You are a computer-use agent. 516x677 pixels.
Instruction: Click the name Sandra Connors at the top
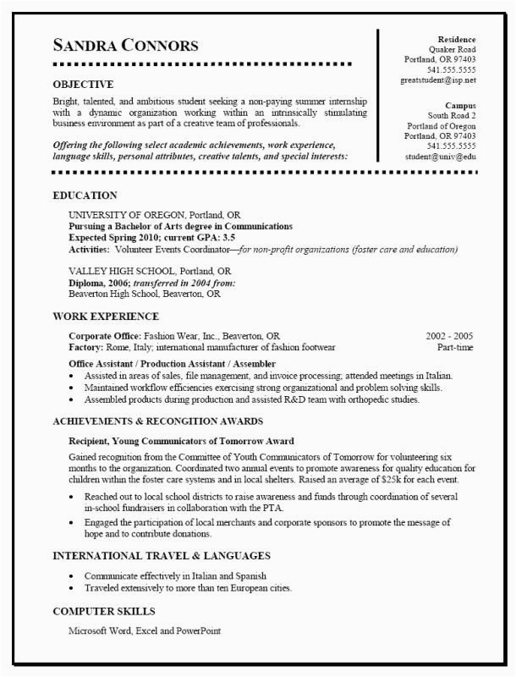[125, 45]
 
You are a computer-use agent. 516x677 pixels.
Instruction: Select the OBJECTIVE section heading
[83, 85]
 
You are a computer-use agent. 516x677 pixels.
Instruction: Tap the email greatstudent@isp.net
[438, 80]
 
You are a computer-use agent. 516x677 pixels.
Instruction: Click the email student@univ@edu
[440, 157]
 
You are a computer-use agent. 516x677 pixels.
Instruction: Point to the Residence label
[457, 40]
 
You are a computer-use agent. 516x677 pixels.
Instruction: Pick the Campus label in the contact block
[460, 105]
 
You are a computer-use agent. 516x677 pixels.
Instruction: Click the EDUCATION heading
[85, 195]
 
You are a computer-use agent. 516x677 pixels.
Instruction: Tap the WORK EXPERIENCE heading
[106, 316]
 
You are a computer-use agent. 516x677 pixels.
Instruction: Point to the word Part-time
[455, 347]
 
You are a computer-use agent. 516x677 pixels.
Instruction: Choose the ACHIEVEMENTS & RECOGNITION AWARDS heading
[157, 421]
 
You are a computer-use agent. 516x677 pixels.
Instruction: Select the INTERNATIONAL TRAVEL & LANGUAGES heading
[162, 556]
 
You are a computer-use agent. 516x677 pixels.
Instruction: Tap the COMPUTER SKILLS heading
[104, 611]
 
